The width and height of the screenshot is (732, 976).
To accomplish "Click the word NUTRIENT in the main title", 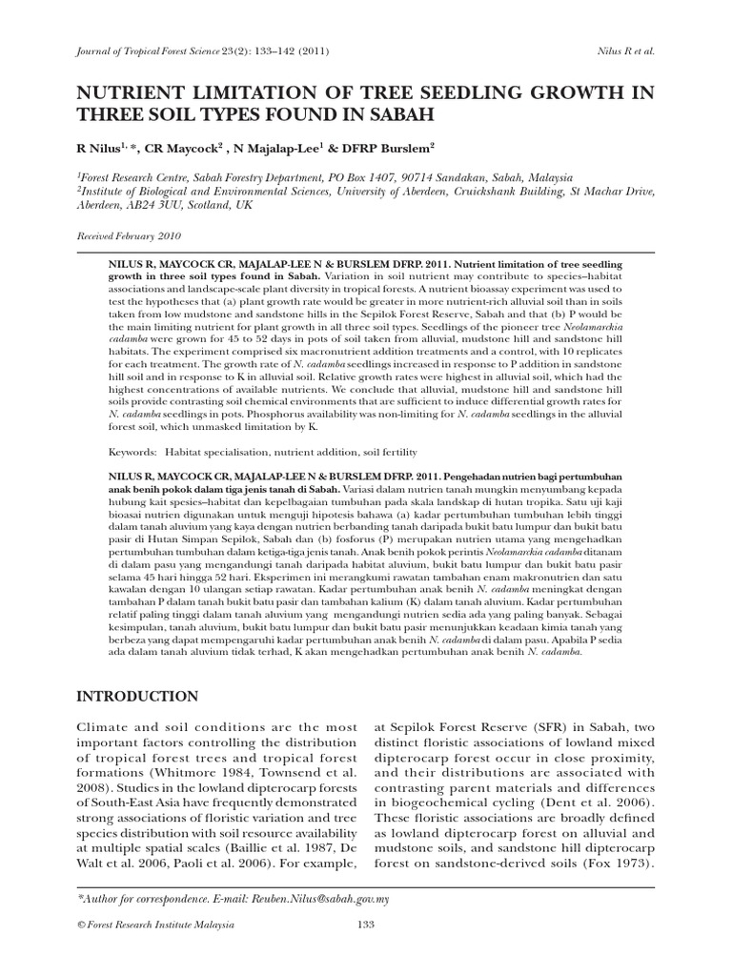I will click(x=125, y=93).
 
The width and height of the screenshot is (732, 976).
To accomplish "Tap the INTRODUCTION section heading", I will click(x=137, y=696).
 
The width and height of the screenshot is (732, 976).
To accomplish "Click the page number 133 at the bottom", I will click(x=366, y=925).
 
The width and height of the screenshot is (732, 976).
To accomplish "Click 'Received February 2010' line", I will click(x=128, y=235).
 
